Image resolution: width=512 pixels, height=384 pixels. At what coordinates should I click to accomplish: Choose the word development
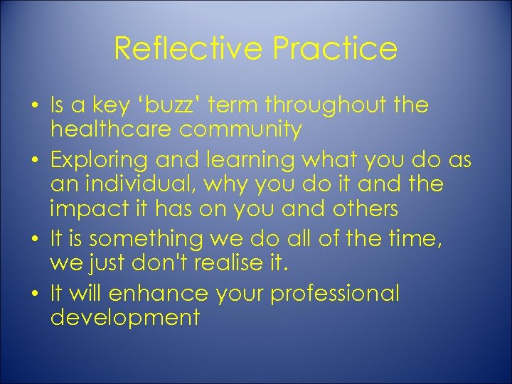coord(125,317)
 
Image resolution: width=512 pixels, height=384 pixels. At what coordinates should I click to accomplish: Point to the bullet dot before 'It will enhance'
coord(34,294)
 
